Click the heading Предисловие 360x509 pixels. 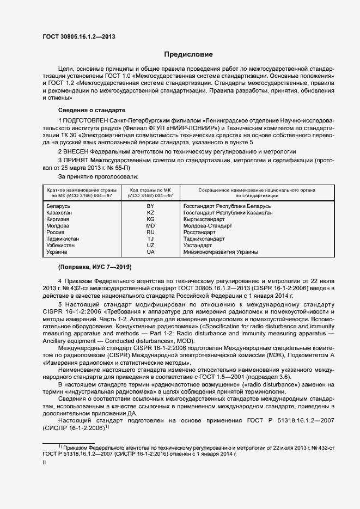189,54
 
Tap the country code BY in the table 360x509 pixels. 150,206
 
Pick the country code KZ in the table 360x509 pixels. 150,213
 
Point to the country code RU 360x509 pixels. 150,232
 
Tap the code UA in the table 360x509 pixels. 150,252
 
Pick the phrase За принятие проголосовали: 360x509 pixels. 98,177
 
